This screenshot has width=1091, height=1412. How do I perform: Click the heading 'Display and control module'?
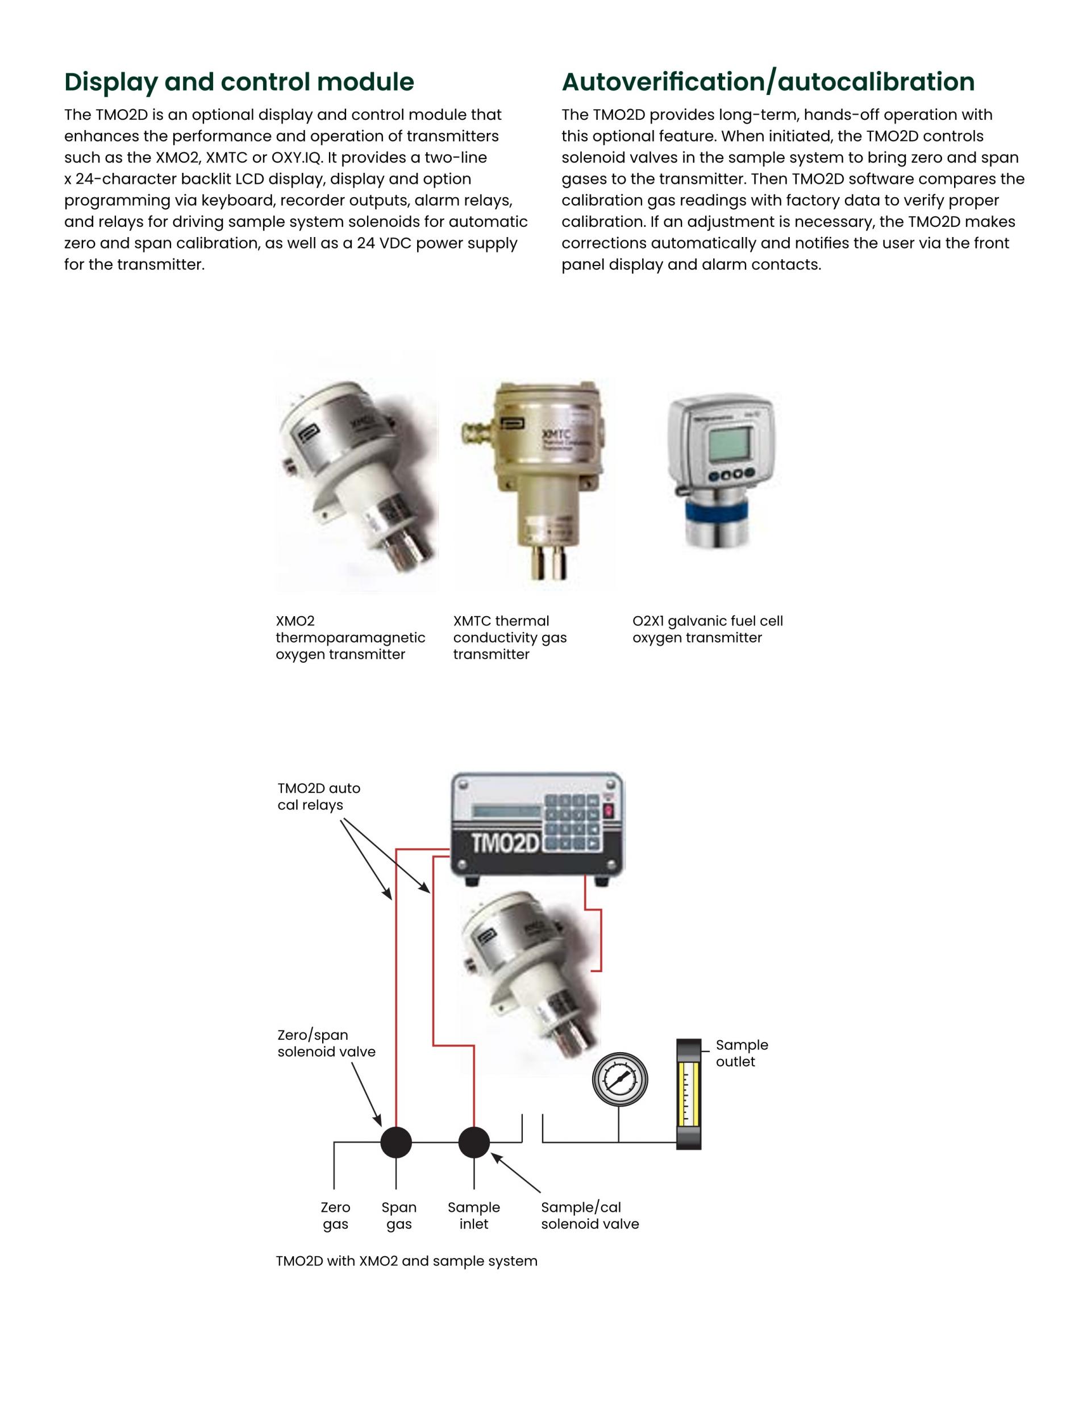[x=239, y=82]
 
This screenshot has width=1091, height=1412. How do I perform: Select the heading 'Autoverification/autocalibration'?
[x=768, y=82]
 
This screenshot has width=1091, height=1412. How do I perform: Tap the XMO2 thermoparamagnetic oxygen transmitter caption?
[x=349, y=637]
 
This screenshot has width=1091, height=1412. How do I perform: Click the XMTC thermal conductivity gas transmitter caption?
[x=509, y=637]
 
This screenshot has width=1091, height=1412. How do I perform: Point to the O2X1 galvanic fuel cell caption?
[x=707, y=629]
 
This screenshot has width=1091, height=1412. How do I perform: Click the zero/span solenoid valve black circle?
[x=396, y=1143]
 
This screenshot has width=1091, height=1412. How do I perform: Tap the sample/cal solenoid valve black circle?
[x=474, y=1143]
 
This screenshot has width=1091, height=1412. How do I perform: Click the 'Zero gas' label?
[x=335, y=1215]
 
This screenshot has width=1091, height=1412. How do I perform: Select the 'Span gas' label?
[x=399, y=1215]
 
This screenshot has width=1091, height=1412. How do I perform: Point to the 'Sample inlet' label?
[x=474, y=1215]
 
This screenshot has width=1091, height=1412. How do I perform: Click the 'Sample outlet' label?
[x=742, y=1053]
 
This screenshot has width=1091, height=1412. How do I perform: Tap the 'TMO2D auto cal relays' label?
[x=319, y=796]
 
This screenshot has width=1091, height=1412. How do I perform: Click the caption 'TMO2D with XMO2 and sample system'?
[x=406, y=1261]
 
